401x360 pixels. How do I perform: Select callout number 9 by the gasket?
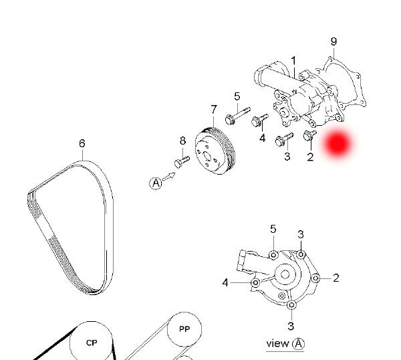click(x=333, y=42)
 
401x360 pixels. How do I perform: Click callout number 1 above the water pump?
click(x=293, y=61)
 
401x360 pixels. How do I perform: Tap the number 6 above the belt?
click(x=82, y=143)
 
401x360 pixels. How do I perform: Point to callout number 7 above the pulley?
click(x=214, y=109)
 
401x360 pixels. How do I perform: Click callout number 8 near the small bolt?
click(x=182, y=141)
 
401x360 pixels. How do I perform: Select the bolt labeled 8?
click(x=181, y=161)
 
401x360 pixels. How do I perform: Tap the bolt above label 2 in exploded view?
click(x=309, y=137)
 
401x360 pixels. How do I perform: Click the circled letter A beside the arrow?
click(x=155, y=183)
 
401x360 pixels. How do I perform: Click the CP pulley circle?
click(x=92, y=342)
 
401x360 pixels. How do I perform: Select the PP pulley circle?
click(x=184, y=329)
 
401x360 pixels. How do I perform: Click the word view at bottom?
click(x=277, y=343)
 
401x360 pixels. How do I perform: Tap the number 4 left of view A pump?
click(x=226, y=283)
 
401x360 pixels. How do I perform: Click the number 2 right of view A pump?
click(x=336, y=278)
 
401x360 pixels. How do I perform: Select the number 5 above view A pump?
click(x=273, y=230)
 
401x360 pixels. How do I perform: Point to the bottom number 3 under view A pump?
click(x=291, y=326)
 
